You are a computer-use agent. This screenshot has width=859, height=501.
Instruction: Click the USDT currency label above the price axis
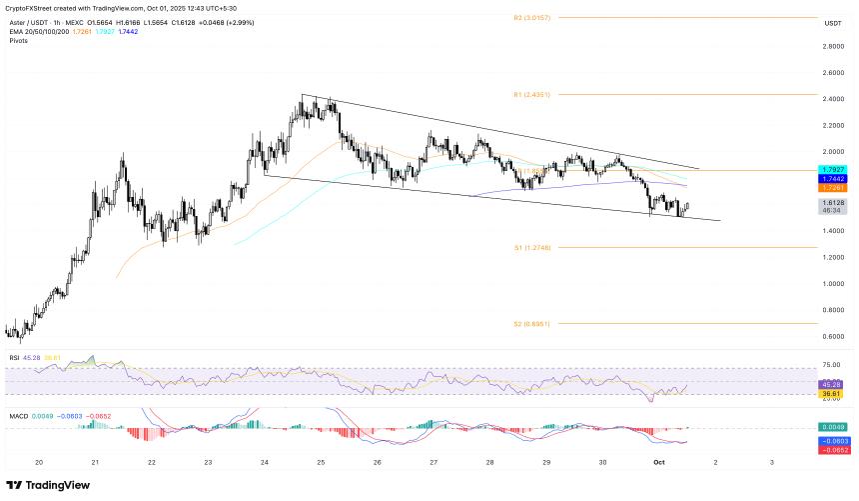pyautogui.click(x=831, y=23)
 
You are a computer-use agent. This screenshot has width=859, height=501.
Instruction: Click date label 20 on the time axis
pyautogui.click(x=38, y=462)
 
